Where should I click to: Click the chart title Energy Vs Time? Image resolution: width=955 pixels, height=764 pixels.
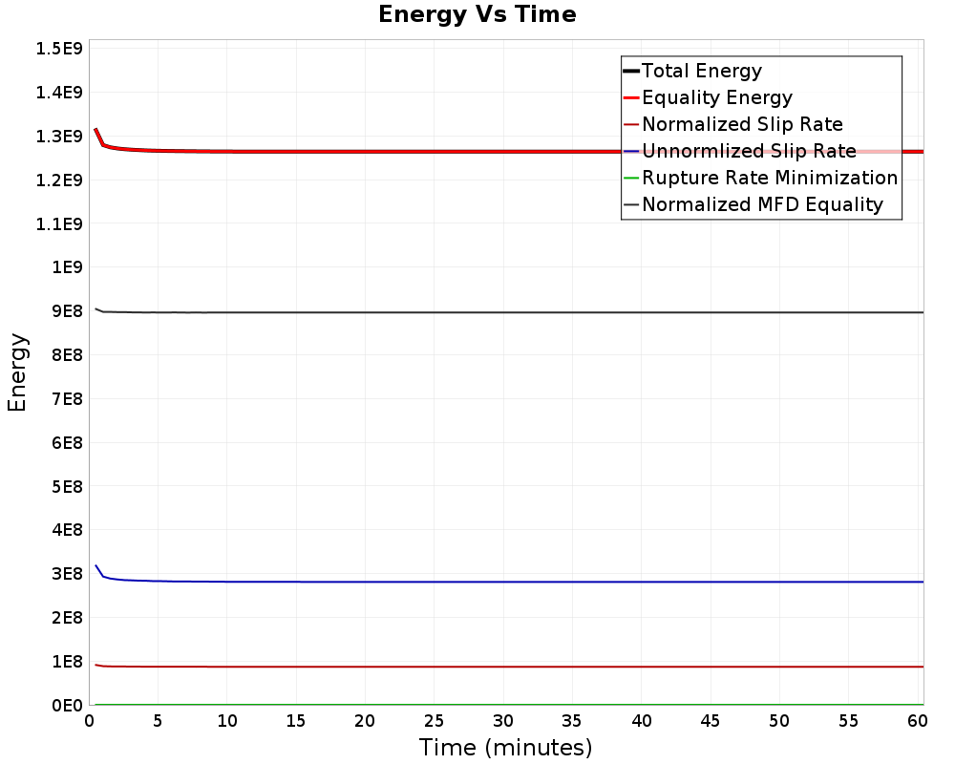pos(477,14)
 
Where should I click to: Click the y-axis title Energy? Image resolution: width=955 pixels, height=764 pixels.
pos(16,371)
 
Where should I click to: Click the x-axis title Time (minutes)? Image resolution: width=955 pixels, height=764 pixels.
pos(505,747)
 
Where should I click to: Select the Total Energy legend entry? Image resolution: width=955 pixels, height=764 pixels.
pos(702,71)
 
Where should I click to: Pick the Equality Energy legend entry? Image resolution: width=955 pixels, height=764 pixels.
pos(717,97)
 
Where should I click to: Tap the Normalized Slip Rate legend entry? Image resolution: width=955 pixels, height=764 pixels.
pos(742,124)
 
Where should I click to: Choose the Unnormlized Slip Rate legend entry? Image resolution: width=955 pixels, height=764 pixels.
pos(749,151)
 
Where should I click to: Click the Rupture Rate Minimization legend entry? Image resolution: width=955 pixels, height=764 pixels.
pos(770,178)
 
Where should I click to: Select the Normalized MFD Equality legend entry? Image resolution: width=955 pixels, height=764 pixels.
pos(762,204)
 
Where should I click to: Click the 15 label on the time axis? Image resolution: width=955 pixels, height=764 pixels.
pos(296,720)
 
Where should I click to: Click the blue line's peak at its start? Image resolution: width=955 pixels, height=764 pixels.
pos(95,565)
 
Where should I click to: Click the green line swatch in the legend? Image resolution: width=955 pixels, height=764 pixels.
pos(630,178)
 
